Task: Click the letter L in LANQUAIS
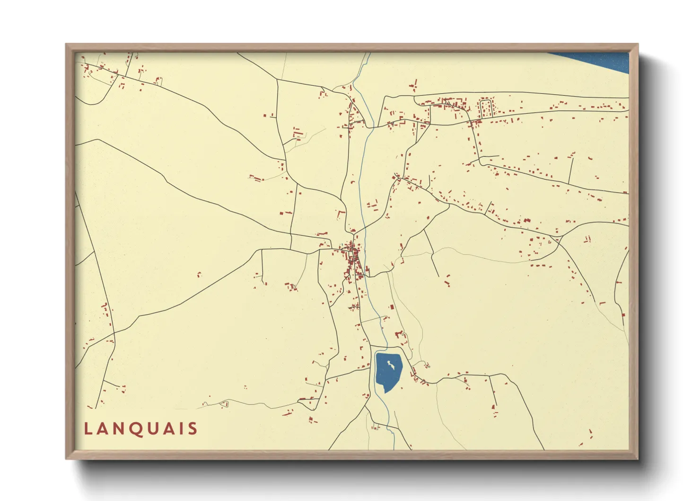pyautogui.click(x=88, y=429)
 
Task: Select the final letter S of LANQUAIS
pyautogui.click(x=192, y=429)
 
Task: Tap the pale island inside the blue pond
pyautogui.click(x=390, y=364)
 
